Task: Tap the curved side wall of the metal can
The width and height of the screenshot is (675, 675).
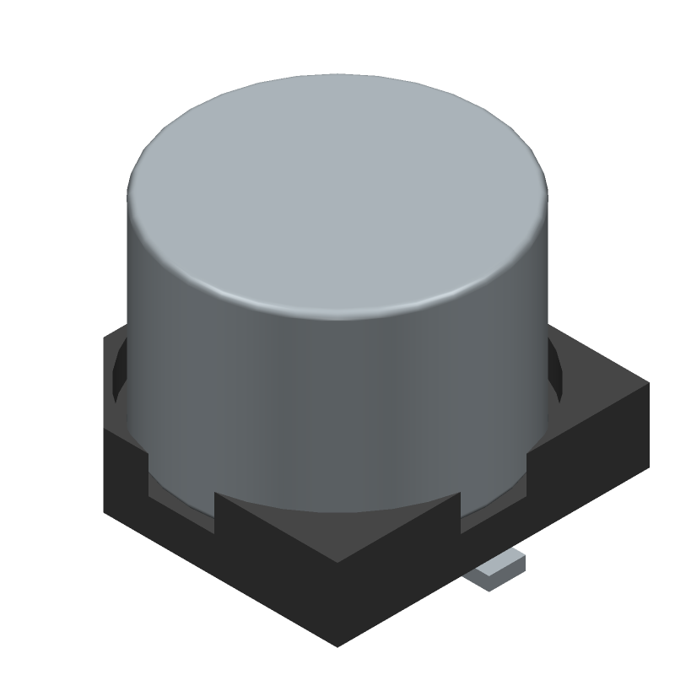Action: [x=337, y=397]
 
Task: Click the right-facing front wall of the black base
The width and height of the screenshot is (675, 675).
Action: [x=506, y=515]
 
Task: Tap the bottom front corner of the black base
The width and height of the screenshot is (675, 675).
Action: [x=337, y=645]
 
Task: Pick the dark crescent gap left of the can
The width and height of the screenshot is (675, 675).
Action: [x=119, y=371]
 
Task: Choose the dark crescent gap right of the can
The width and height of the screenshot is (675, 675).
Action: [x=554, y=371]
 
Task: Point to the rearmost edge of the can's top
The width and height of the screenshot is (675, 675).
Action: [x=337, y=75]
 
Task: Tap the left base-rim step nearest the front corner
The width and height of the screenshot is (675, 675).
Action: [x=217, y=506]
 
